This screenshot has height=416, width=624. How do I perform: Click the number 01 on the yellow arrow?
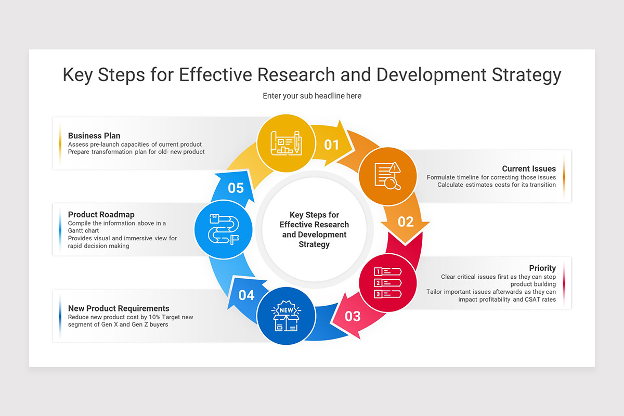[x=331, y=145]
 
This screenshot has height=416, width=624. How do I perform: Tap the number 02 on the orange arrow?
[x=406, y=222]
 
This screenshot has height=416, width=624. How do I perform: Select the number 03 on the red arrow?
[x=353, y=316]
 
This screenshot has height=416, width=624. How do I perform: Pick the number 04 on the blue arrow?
[x=246, y=295]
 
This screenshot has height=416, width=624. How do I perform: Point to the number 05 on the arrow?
[x=236, y=188]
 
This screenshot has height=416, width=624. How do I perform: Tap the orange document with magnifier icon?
[x=388, y=176]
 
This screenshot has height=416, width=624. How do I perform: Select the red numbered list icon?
[x=388, y=283]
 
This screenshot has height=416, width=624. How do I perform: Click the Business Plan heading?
[x=94, y=136]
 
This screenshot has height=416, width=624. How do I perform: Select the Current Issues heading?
[x=528, y=168]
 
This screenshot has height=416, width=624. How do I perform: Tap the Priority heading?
[x=542, y=268]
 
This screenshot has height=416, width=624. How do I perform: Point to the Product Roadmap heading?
[x=101, y=214]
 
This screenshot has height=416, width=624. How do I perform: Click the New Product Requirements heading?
[x=119, y=308]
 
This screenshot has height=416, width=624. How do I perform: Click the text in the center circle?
[x=314, y=229]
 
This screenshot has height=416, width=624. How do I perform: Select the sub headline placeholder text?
[x=312, y=96]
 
